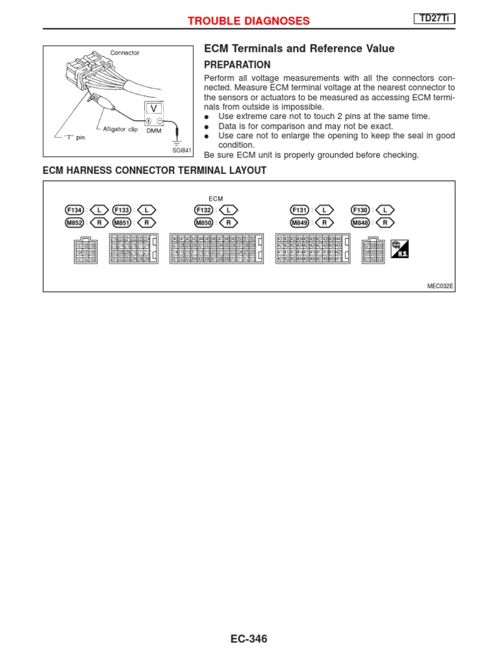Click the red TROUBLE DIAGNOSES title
(248, 21)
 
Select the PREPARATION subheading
(237, 65)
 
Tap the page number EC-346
(248, 639)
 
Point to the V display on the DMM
(153, 107)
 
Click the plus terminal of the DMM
(148, 121)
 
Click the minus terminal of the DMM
(160, 121)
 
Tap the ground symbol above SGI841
(179, 140)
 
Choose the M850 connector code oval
(203, 222)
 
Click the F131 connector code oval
(300, 209)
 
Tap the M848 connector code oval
(360, 222)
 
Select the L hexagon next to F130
(385, 209)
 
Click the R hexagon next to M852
(99, 222)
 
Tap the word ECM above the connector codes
(215, 198)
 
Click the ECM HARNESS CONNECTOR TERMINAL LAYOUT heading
(154, 171)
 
